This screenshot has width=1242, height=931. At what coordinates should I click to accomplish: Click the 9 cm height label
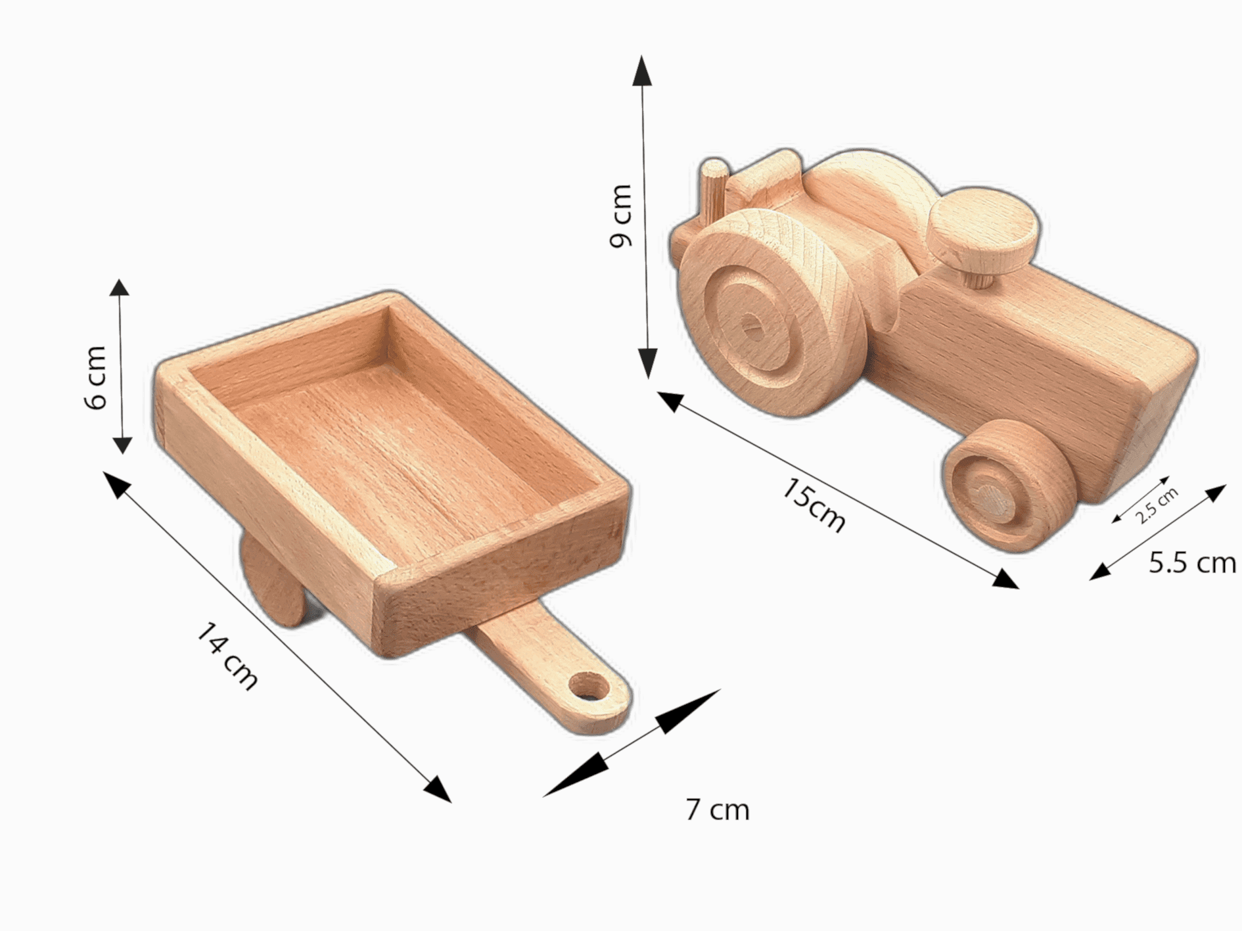tap(621, 216)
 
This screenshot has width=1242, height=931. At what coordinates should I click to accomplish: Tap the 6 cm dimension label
tap(96, 377)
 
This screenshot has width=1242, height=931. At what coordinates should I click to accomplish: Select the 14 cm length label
tap(227, 656)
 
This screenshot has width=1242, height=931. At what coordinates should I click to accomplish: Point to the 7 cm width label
tap(717, 809)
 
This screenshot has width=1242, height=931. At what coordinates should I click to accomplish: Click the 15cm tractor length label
tap(814, 505)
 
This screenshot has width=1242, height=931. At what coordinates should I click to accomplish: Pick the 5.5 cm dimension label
tap(1192, 563)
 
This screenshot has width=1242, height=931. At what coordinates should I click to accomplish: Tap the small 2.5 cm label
tap(1157, 505)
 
